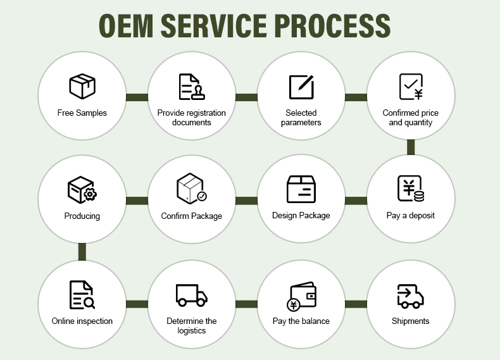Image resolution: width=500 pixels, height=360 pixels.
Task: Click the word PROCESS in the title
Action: [332, 26]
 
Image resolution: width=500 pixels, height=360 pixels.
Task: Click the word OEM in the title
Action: [126, 26]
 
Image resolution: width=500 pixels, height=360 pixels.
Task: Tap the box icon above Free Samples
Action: [82, 86]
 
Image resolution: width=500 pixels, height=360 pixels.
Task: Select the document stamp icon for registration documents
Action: [192, 87]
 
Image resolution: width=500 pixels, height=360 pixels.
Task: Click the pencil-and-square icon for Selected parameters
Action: [301, 87]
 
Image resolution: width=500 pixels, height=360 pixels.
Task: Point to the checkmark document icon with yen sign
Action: [411, 87]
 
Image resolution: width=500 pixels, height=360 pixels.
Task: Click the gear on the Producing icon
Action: [91, 194]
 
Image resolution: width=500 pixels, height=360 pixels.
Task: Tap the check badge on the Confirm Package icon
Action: [201, 196]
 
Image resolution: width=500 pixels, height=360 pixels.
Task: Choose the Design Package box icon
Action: [301, 189]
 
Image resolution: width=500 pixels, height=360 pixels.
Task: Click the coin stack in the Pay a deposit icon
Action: [419, 196]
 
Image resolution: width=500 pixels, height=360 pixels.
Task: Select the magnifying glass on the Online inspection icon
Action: [89, 302]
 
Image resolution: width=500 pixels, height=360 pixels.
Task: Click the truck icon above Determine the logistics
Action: [192, 295]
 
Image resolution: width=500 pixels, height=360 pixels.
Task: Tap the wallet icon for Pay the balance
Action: [302, 296]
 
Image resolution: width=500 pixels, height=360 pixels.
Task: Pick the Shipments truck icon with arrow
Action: [410, 296]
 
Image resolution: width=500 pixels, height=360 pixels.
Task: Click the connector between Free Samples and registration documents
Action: [137, 97]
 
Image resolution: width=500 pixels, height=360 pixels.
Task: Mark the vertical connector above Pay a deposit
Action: [411, 147]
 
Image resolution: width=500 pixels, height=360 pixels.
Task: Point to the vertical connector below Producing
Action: [82, 252]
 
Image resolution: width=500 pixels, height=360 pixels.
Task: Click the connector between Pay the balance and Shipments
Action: [356, 304]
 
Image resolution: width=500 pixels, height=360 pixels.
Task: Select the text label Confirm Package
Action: [191, 216]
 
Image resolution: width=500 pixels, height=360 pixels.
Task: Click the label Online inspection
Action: [82, 321]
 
